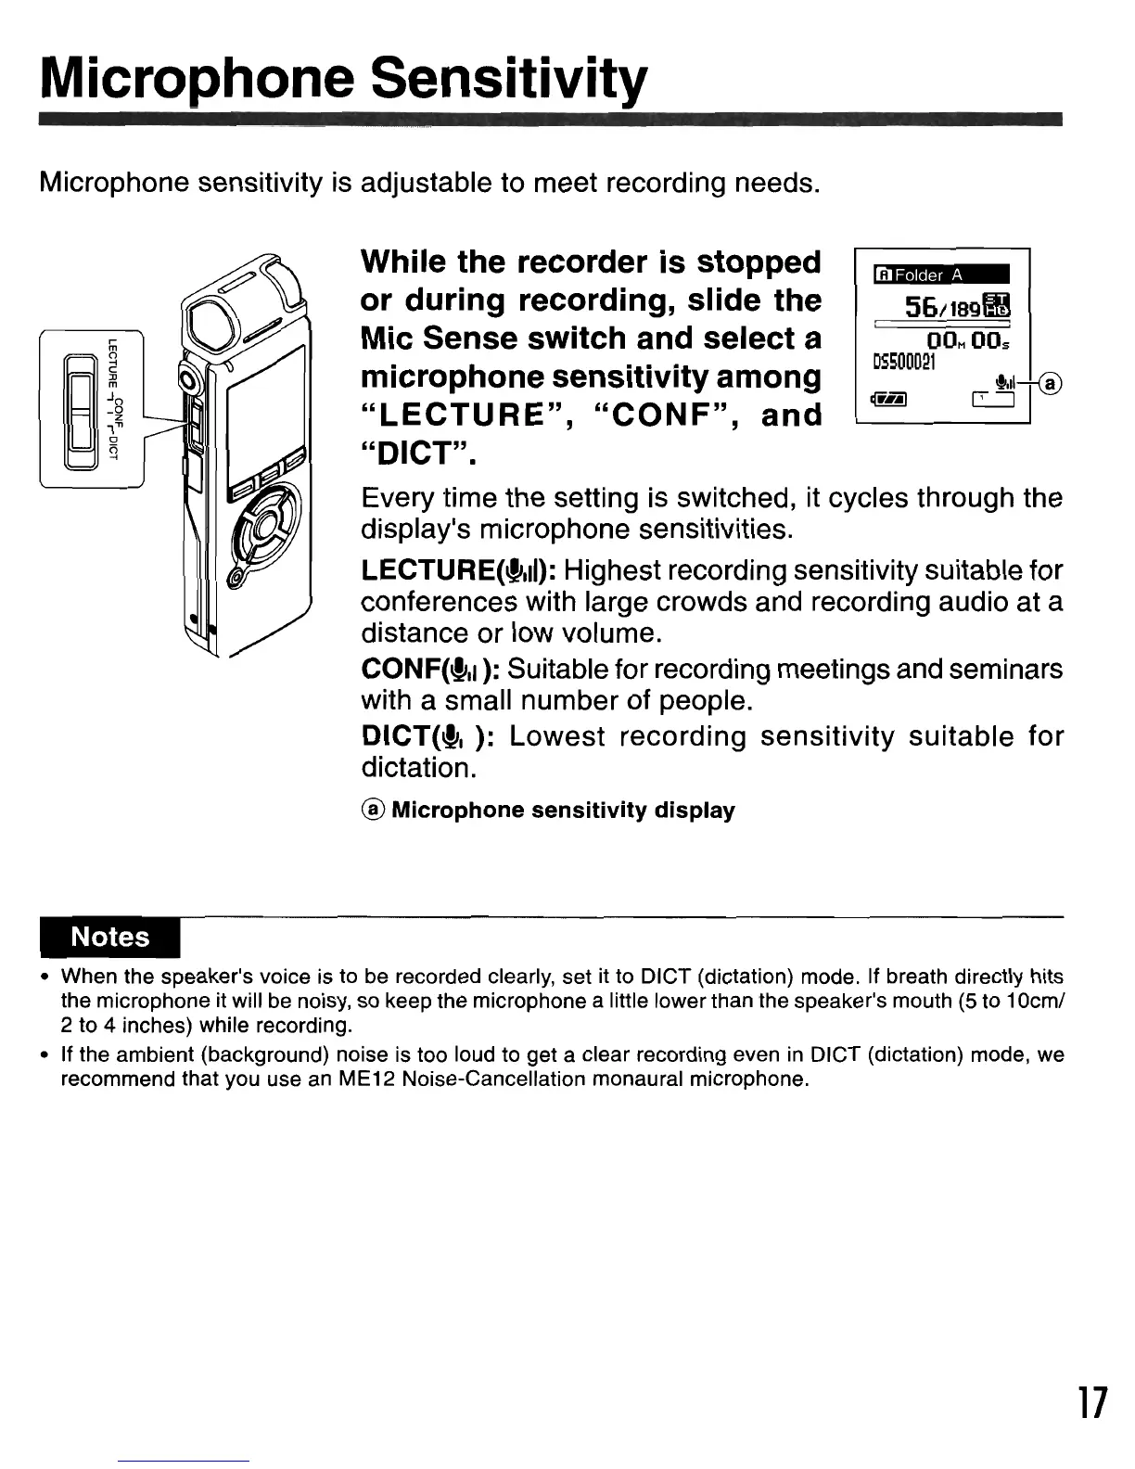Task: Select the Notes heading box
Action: click(110, 937)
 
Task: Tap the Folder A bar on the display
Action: click(939, 275)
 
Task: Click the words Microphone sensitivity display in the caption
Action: click(563, 811)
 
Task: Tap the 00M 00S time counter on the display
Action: click(964, 342)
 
